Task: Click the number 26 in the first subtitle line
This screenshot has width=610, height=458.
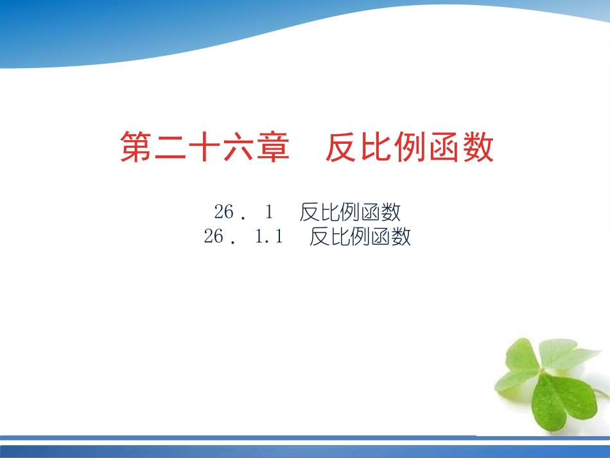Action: point(225,211)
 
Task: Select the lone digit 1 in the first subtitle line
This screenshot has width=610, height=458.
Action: point(270,211)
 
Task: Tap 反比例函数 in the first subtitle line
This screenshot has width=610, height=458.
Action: point(350,211)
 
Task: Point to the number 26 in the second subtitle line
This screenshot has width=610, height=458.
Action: point(214,237)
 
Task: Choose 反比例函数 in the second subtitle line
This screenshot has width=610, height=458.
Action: point(360,237)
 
